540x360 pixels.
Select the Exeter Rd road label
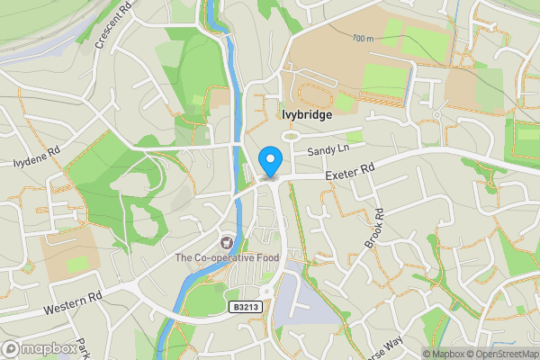(x=349, y=170)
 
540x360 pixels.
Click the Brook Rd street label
(x=374, y=229)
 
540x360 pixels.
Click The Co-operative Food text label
(x=227, y=258)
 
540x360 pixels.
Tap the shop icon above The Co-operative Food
(x=227, y=242)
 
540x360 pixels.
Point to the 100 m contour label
(x=364, y=39)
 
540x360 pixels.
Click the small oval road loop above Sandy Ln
(x=292, y=136)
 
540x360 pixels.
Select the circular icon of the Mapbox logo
(x=12, y=348)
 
